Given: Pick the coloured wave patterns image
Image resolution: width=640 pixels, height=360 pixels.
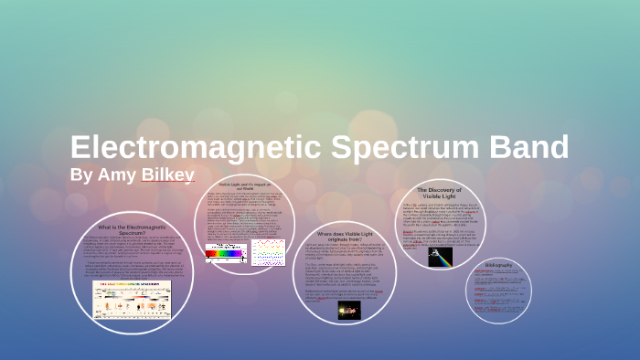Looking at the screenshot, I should tap(269, 251).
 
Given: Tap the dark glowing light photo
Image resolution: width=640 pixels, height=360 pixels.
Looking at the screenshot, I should tap(349, 311).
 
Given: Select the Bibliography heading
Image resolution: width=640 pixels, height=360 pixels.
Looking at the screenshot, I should tap(498, 265).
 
